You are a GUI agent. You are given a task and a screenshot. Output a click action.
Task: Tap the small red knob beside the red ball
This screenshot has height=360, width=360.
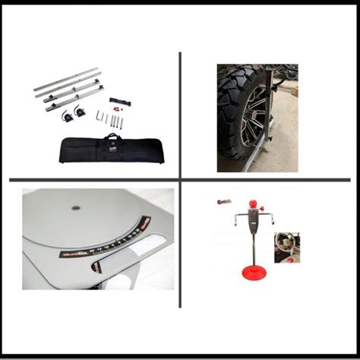point(263,211)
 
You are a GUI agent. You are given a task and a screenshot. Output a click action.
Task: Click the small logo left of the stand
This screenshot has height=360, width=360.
point(221,202)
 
